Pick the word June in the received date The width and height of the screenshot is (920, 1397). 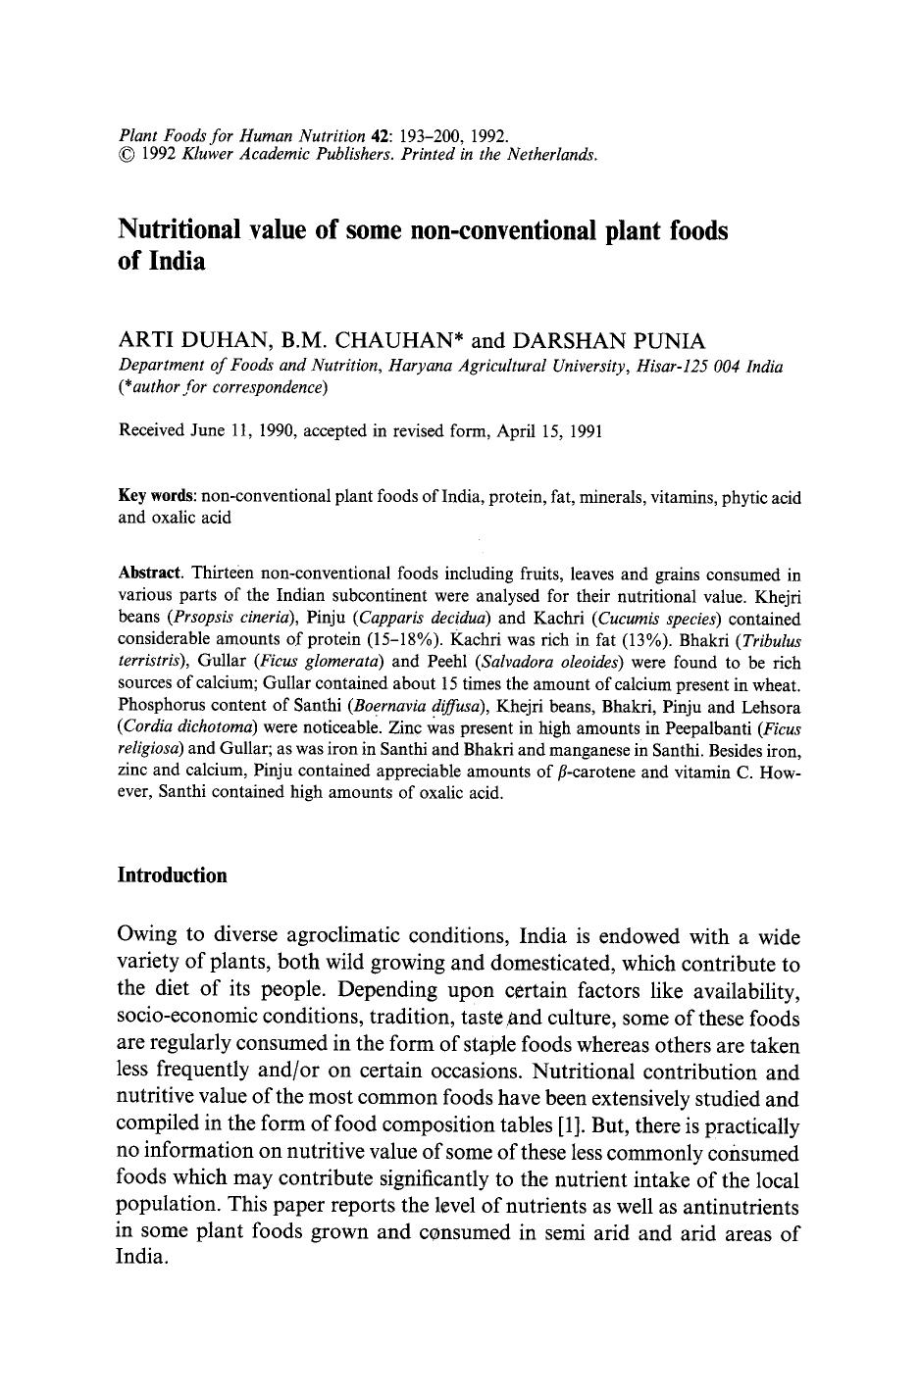pos(208,430)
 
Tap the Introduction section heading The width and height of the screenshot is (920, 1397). pos(172,875)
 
